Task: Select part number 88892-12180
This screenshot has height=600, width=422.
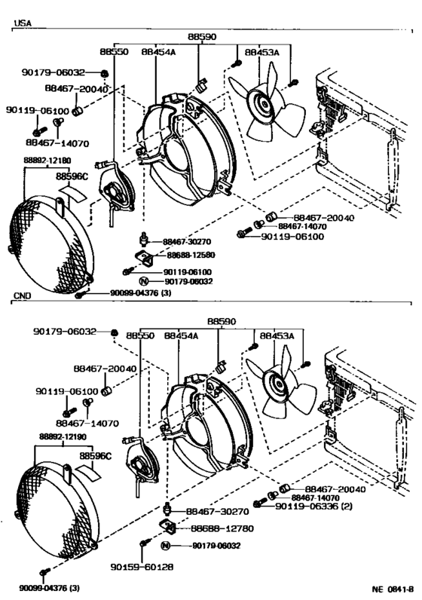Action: tap(47, 161)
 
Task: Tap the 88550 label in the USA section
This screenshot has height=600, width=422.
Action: tap(114, 52)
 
